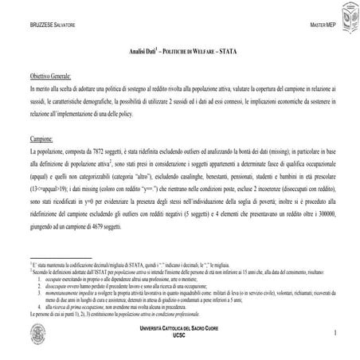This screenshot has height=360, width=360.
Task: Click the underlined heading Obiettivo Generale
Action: coord(50,76)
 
